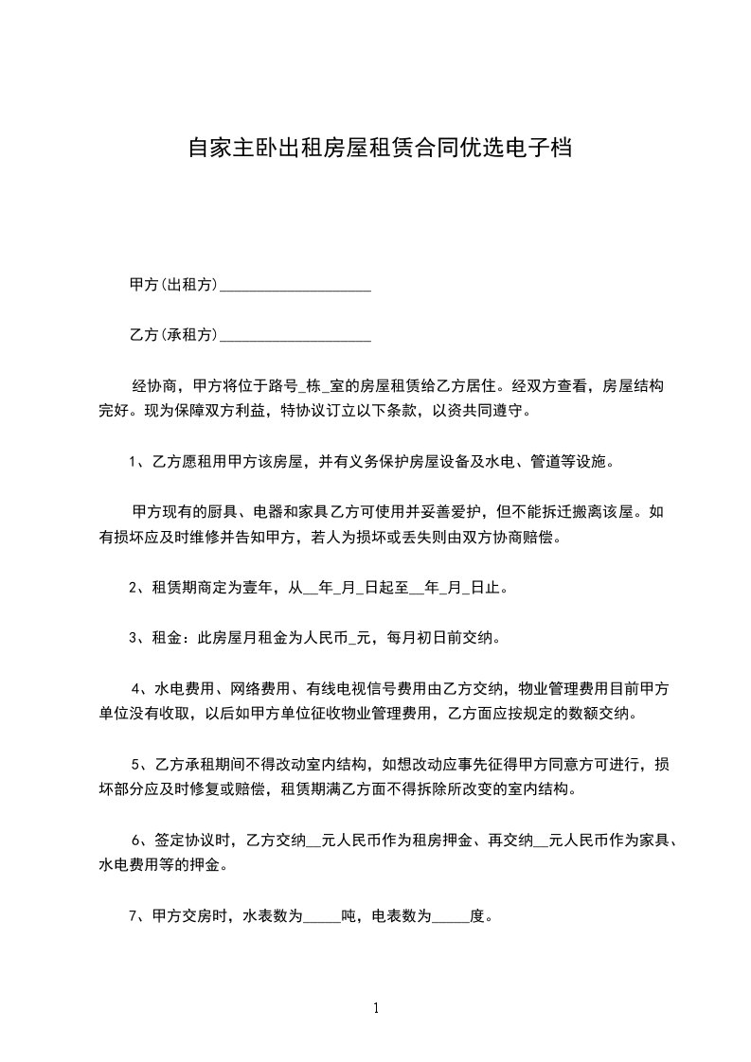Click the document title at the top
coord(379,149)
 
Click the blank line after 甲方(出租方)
coord(295,285)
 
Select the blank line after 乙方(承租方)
coord(295,335)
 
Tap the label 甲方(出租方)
coord(173,284)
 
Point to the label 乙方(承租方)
coord(173,335)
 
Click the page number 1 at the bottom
coord(376,1007)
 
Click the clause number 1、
coord(135,463)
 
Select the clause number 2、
coord(135,588)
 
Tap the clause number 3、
coord(135,638)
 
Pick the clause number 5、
coord(138,764)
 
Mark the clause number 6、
coord(138,840)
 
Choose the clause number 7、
coord(135,915)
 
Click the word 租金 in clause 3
coord(166,638)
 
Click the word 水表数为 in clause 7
coord(273,915)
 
